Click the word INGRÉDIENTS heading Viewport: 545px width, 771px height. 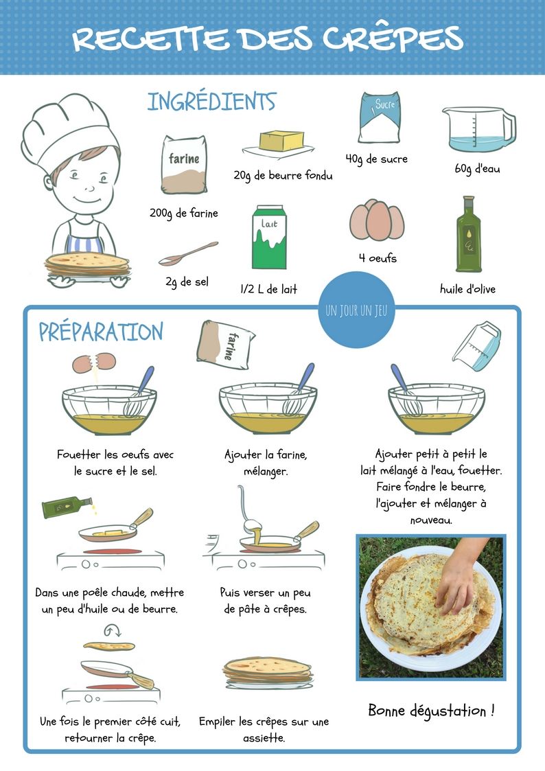coord(212,102)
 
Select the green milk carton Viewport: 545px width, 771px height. coord(269,237)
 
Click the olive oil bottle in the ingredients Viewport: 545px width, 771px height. coord(468,234)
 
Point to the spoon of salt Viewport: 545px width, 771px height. coord(188,254)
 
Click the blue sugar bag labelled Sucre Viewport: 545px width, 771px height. coord(379,117)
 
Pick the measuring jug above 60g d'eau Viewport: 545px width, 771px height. coord(478,130)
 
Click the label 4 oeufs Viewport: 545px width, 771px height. coord(378,257)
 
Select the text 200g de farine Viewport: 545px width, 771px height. coord(184,214)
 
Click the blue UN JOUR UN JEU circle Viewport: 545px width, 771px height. coord(356,310)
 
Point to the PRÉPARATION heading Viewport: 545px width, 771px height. coord(101,332)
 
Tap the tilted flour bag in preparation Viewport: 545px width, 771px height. coord(225,345)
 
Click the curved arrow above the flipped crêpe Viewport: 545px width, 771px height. coord(112,630)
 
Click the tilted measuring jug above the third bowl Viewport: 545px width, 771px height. coord(476,345)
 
